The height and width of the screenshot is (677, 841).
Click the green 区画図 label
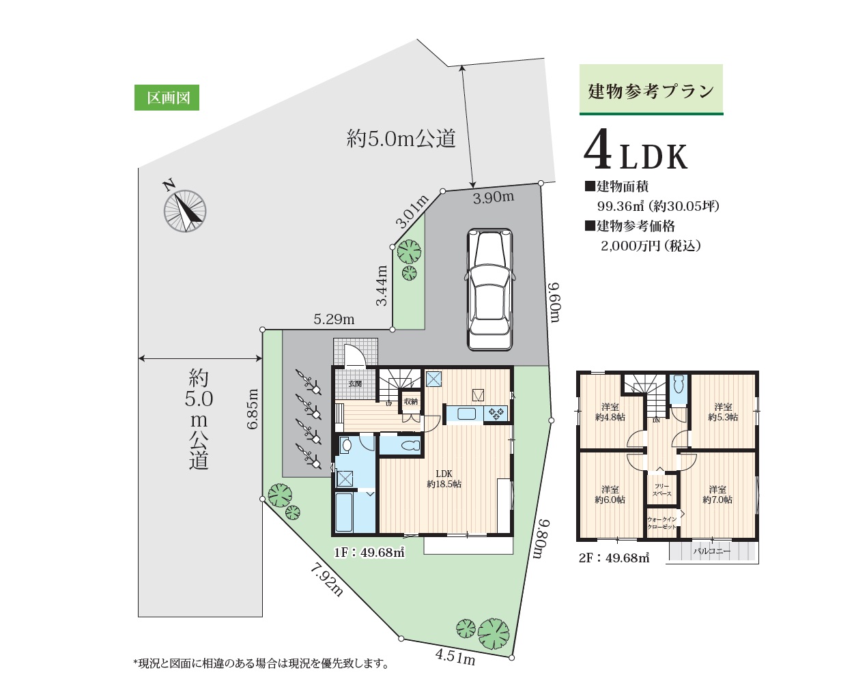coord(167,98)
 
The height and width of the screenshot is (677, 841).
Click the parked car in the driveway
coord(490,289)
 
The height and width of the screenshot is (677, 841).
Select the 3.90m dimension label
coord(493,198)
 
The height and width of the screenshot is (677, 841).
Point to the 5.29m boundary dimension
coord(334,319)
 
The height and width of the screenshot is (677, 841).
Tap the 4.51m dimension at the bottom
coord(455,657)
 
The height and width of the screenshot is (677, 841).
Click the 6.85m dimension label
coord(253,409)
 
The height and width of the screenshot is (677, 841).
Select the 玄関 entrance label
coord(355,384)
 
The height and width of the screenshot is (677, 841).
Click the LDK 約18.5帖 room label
coord(444,479)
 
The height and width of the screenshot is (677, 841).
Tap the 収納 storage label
coord(410,401)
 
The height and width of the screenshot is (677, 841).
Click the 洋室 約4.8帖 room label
coord(610,412)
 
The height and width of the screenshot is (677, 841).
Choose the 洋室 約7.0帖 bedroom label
coord(717,495)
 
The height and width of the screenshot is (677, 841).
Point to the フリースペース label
coord(662,490)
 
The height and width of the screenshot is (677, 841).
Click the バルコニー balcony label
coord(712,551)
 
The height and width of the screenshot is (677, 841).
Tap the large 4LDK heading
coord(636,149)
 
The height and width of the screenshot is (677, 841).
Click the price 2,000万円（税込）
coord(651,246)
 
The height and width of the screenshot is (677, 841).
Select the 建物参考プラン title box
coord(651,90)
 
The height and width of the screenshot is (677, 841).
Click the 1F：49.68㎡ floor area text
coord(369,552)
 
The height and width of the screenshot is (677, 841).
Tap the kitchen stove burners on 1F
coord(496,414)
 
